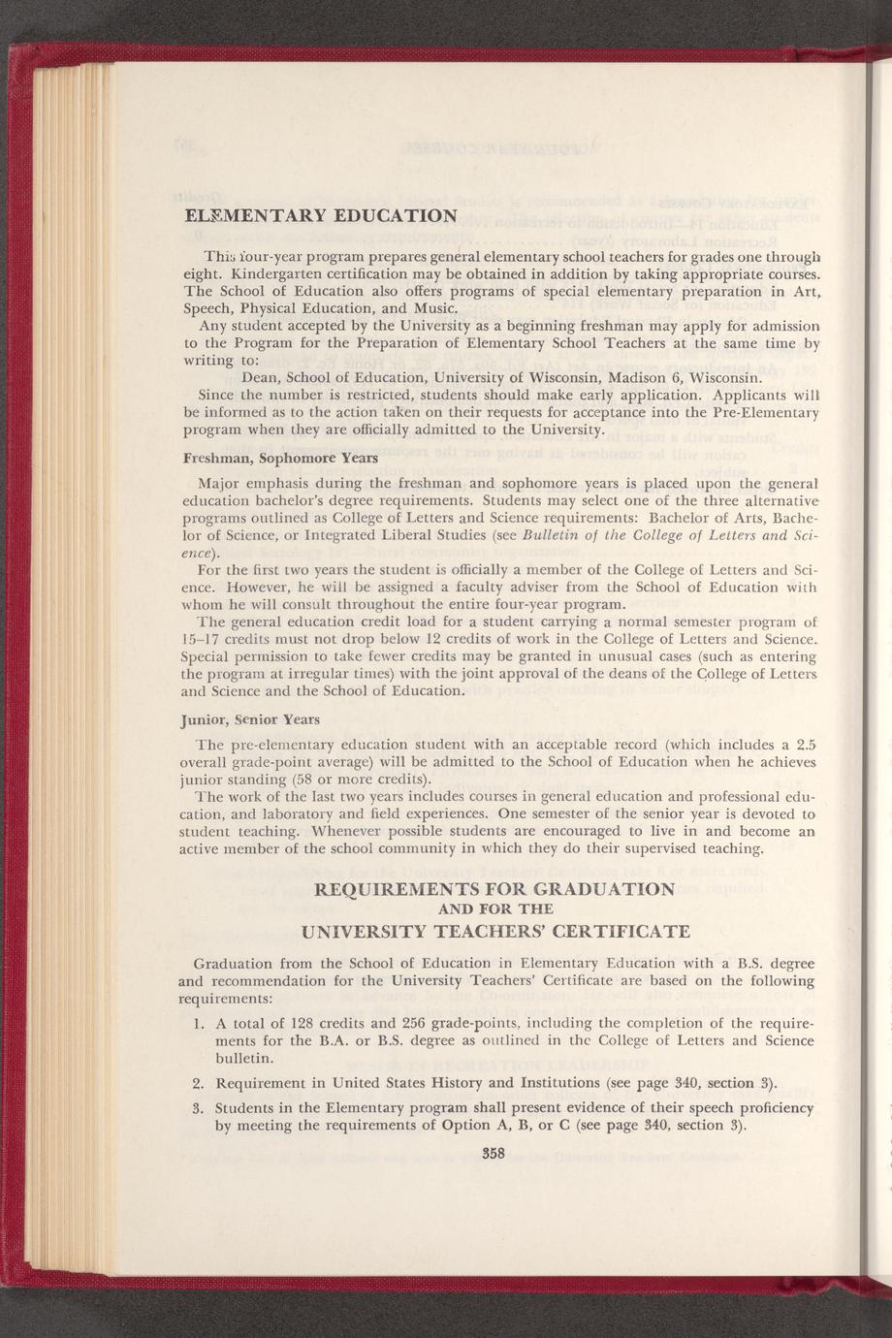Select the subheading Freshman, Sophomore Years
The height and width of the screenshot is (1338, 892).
[x=267, y=458]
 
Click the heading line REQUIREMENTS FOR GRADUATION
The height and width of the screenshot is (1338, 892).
[x=495, y=888]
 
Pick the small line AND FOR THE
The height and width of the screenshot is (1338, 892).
[x=496, y=909]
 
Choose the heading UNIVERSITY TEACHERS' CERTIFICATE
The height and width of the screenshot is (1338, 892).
[x=496, y=932]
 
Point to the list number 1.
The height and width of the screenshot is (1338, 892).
[x=198, y=1023]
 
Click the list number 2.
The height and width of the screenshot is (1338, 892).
[x=198, y=1083]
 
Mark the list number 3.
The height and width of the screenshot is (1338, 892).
[x=198, y=1107]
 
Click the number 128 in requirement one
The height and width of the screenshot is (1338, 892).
[x=308, y=1023]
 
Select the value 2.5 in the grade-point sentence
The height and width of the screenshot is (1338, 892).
[x=801, y=745]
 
